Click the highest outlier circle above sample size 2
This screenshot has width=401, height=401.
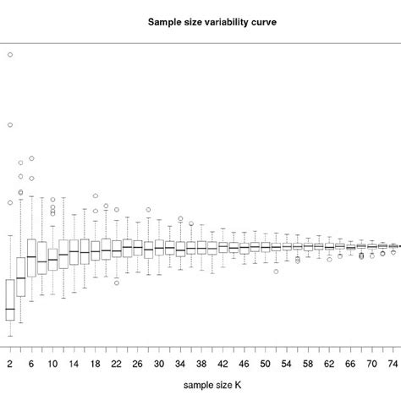click(x=10, y=55)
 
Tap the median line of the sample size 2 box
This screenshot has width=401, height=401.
click(x=10, y=309)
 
